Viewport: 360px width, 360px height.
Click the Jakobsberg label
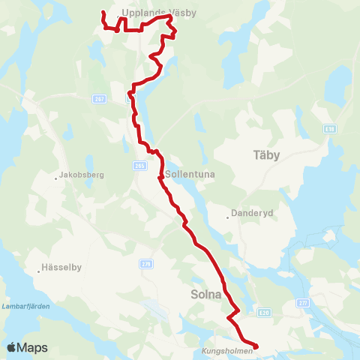coord(80,178)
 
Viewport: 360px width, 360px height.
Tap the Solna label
coord(205,295)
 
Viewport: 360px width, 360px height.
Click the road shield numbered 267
coord(99,99)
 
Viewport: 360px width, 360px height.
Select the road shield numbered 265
coord(139,166)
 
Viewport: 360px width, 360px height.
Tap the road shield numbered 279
coord(145,264)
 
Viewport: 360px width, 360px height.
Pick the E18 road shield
coord(330,129)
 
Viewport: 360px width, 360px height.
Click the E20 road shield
coord(262,313)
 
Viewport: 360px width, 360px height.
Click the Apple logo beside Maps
coord(12,347)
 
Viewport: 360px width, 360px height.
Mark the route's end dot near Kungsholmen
coord(256,346)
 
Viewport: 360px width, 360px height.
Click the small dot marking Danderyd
coord(228,218)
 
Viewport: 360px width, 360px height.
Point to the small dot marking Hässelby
coord(39,271)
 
